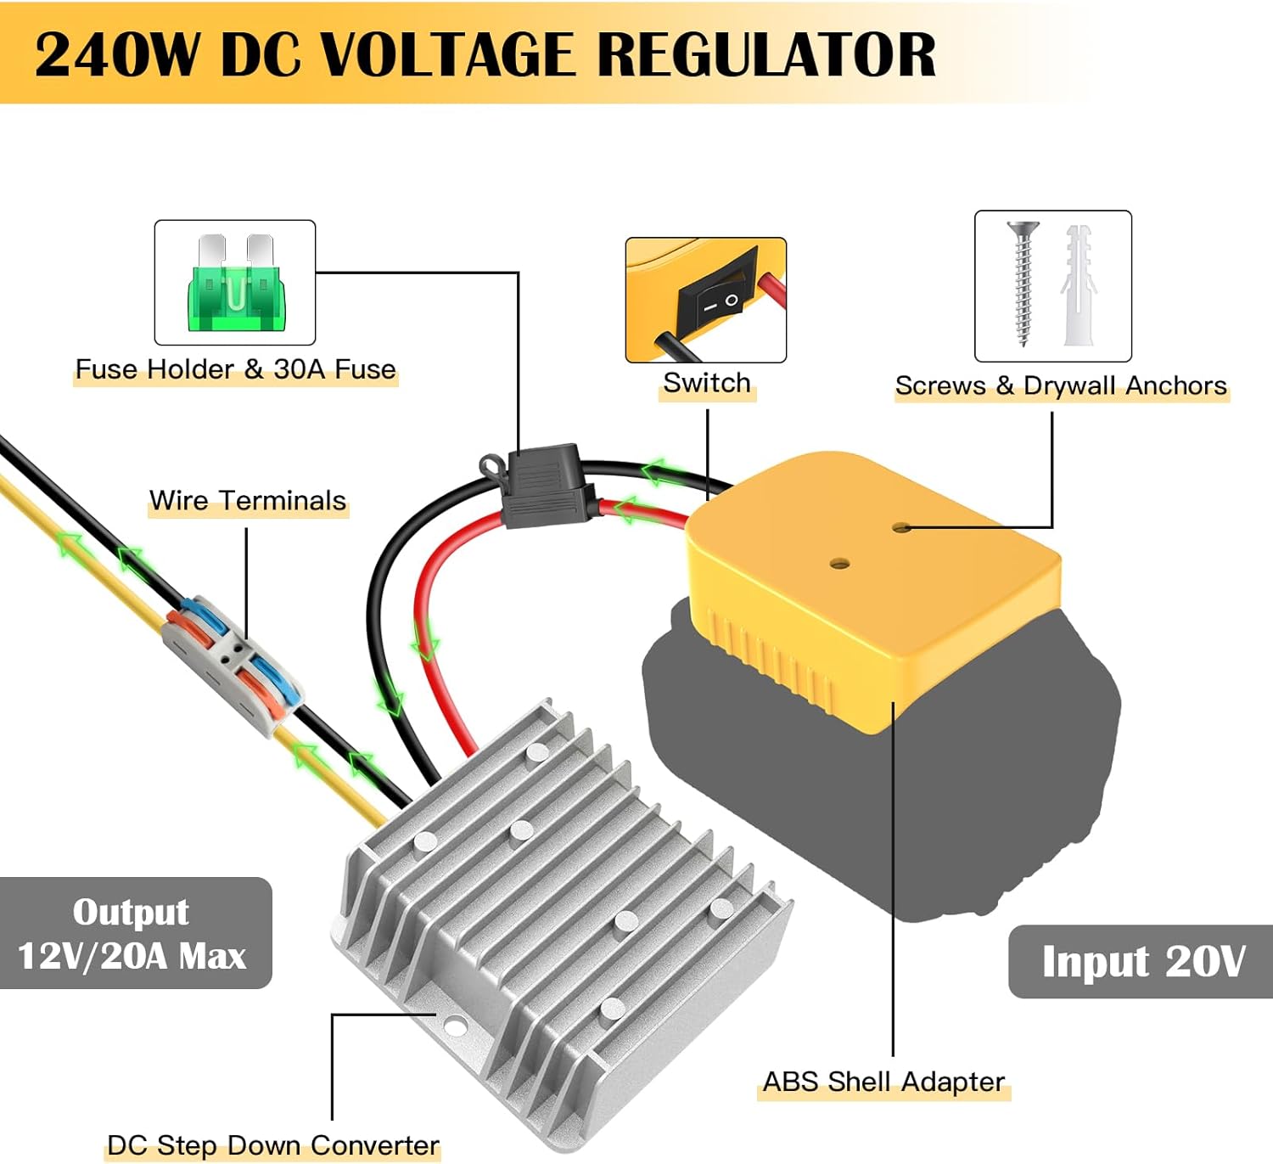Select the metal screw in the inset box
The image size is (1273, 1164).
coord(1023,282)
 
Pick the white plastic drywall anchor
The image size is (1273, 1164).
coord(1079,285)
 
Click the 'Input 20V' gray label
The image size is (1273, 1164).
coord(1141,961)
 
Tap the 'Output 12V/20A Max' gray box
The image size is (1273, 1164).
coord(133,933)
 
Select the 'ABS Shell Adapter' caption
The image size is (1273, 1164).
coord(883,1082)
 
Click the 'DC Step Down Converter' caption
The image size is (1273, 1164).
coord(273,1145)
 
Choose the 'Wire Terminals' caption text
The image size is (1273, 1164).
coord(248,501)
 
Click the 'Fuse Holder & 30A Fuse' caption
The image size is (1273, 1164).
coord(236,369)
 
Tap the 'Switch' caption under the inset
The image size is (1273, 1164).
coord(707,383)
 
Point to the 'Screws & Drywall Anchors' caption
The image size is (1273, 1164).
coord(1061,385)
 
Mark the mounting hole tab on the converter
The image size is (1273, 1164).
coord(455,1027)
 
